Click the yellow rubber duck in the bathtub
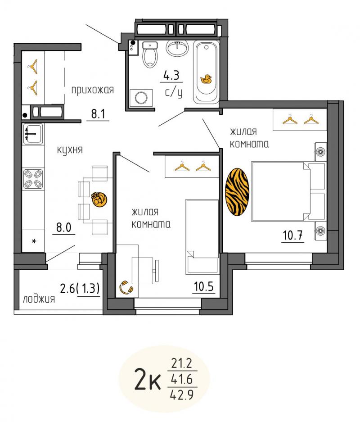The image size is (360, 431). point(206,79)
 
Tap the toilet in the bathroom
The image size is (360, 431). point(150,54)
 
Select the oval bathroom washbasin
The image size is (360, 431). point(177,48)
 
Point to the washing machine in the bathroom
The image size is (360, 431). point(141,98)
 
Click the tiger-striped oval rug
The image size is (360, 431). point(237,191)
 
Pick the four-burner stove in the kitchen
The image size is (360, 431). point(33,179)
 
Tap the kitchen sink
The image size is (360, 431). point(33,134)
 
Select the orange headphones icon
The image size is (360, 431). point(126,288)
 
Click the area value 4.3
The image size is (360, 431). point(171,75)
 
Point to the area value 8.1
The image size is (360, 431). point(98,113)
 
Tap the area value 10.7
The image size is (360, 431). point(292,235)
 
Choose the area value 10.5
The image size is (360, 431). point(203,287)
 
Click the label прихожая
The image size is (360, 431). point(93,90)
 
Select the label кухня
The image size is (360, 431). point(70,150)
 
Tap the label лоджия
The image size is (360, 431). point(39,299)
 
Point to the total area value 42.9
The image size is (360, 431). point(182,395)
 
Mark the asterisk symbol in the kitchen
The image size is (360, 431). point(34,241)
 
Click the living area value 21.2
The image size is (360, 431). point(182,363)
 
